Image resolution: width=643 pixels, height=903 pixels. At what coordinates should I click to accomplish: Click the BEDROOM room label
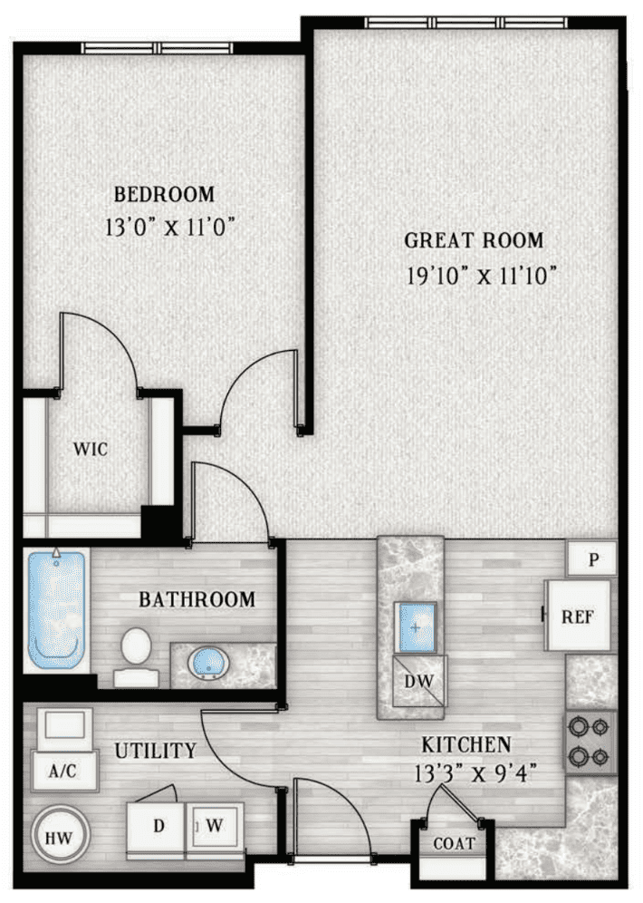[x=164, y=194]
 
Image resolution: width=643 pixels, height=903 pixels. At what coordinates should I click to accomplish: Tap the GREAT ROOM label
[x=474, y=240]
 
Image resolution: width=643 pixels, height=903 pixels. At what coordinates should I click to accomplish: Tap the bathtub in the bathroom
[x=57, y=610]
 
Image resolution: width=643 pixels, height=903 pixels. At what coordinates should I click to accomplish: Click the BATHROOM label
[x=197, y=599]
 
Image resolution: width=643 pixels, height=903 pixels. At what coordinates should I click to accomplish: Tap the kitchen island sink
[x=417, y=626]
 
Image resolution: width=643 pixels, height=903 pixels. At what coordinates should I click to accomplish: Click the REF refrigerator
[x=578, y=617]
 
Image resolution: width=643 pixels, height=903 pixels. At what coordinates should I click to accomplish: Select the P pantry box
[x=593, y=559]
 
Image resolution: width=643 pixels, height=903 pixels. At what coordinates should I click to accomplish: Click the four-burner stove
[x=591, y=742]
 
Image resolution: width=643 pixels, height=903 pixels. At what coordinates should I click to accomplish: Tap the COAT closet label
[x=454, y=843]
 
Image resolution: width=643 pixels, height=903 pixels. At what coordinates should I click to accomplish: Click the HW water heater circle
[x=59, y=836]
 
